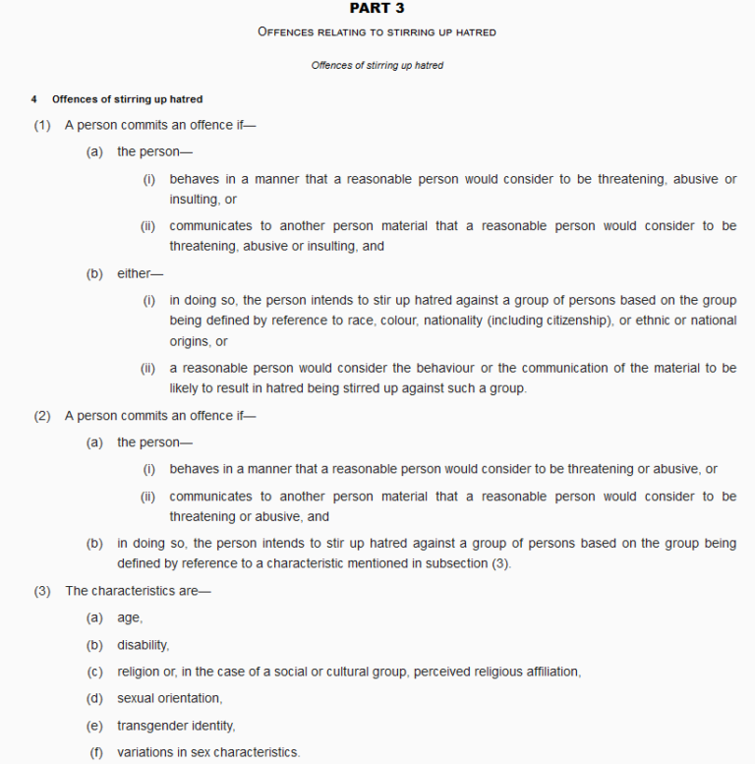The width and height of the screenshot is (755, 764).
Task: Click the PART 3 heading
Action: [x=377, y=9]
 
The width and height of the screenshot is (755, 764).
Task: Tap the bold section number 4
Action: [x=34, y=99]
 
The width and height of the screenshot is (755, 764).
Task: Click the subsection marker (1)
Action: [x=42, y=126]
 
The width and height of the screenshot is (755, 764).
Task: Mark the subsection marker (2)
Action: [x=42, y=416]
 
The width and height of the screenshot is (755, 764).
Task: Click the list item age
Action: [x=129, y=617]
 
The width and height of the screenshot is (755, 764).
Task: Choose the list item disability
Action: [x=144, y=645]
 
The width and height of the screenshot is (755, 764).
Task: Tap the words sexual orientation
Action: [x=169, y=699]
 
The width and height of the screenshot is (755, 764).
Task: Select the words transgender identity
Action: [x=176, y=727]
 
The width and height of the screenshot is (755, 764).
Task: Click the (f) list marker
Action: [x=96, y=753]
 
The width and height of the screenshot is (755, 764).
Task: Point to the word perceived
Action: [x=443, y=673]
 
